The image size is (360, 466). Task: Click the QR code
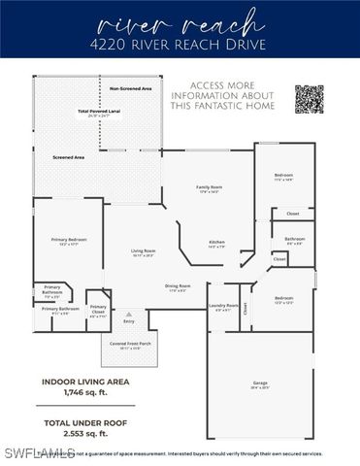309,99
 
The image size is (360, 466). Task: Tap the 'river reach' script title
180,21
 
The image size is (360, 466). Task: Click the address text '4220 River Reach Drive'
180,44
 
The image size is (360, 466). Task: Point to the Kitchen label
217,243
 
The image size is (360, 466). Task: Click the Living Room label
144,251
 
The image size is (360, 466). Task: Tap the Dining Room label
178,285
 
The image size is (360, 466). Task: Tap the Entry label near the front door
129,321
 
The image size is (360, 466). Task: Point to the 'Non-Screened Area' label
130,88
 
